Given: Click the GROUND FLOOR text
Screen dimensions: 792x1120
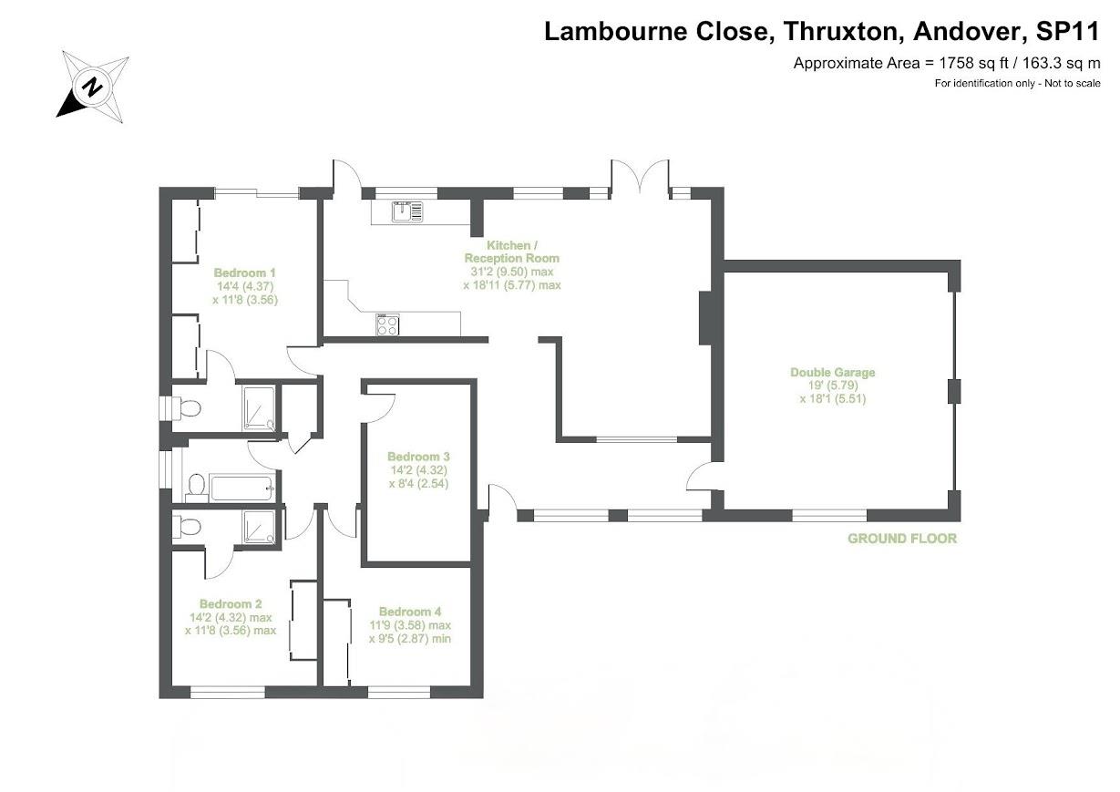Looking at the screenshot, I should tap(902, 539).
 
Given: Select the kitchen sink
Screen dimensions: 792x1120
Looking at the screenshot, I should tap(406, 212).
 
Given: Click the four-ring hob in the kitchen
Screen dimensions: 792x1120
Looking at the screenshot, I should tap(387, 324).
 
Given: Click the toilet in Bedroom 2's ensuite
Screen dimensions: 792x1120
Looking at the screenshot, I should tap(187, 528).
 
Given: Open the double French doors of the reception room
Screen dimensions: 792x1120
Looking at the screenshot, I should tap(641, 178).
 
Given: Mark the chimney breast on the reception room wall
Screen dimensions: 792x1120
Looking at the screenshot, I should tap(704, 318).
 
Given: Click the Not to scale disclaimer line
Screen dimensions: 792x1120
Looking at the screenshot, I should tap(1017, 84).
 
